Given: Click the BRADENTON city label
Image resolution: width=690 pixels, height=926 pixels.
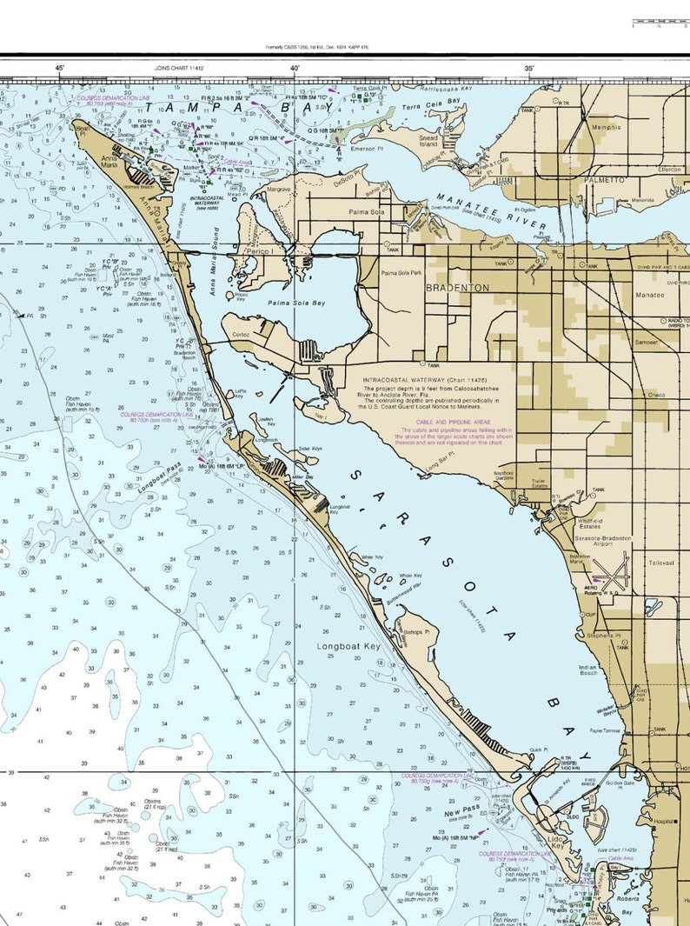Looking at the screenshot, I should coord(457,287).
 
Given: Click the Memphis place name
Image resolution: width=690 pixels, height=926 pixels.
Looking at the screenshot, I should coord(606,127).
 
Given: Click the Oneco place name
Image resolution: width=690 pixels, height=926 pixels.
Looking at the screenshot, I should coord(655,395).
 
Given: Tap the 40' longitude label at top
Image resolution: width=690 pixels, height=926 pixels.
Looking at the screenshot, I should coord(295,68).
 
